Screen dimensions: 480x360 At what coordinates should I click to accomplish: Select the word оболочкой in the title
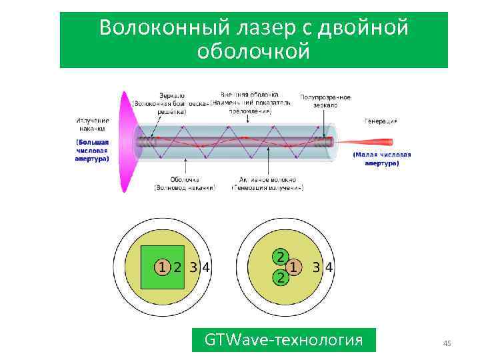click(x=254, y=51)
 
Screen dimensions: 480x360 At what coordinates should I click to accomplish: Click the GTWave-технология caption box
click(x=283, y=341)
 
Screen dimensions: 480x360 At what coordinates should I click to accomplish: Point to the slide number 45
click(x=447, y=343)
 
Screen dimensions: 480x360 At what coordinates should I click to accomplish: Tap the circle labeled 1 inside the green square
click(x=162, y=268)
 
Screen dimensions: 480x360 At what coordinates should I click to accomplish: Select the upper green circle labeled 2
click(x=281, y=257)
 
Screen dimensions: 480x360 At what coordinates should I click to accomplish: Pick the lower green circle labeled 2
click(x=281, y=279)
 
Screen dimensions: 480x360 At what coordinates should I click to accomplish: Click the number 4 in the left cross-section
click(x=207, y=268)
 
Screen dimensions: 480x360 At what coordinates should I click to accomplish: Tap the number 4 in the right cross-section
click(x=329, y=268)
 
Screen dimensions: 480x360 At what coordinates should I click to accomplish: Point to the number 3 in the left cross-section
click(x=193, y=268)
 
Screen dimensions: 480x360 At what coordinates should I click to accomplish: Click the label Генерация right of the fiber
click(x=381, y=121)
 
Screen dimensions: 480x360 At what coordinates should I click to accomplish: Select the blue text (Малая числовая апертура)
click(x=382, y=159)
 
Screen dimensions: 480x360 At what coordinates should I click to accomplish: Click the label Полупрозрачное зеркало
click(x=325, y=101)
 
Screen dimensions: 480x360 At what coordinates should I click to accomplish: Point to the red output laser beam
click(x=373, y=142)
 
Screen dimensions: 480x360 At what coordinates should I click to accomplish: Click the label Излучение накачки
click(x=92, y=124)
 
